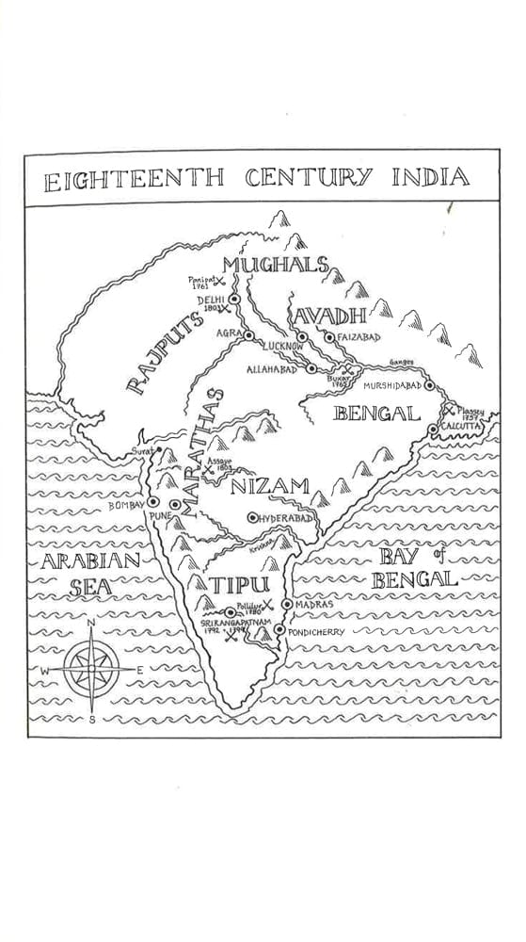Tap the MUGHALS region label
point(276,265)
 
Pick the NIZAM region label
point(269,487)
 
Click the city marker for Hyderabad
point(251,517)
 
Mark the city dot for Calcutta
point(433,430)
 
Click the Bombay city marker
point(152,502)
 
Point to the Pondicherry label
point(317,631)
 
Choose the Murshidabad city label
point(388,385)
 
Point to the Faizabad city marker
point(327,337)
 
